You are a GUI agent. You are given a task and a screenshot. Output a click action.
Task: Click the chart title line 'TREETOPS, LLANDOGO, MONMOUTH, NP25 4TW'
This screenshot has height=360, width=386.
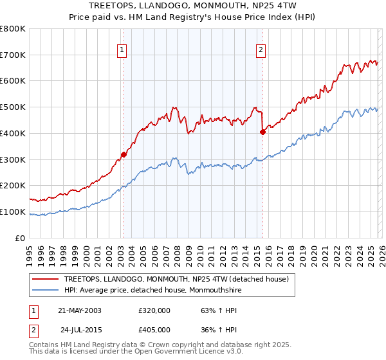point(192,5)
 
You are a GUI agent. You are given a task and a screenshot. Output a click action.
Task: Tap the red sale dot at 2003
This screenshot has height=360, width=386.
point(124,154)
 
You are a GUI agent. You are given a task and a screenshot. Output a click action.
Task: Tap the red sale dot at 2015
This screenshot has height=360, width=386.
point(262,132)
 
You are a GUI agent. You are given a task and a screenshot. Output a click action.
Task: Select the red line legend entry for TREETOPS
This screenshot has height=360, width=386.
point(179,279)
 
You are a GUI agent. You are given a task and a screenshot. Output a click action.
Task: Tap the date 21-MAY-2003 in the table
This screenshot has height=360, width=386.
point(80,310)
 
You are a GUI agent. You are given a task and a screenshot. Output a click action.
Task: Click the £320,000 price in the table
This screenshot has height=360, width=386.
point(154,310)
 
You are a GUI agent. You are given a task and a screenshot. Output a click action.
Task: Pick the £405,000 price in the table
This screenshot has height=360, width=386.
point(154,330)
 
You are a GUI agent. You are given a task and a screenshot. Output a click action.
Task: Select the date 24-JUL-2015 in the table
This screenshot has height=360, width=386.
point(80,330)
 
